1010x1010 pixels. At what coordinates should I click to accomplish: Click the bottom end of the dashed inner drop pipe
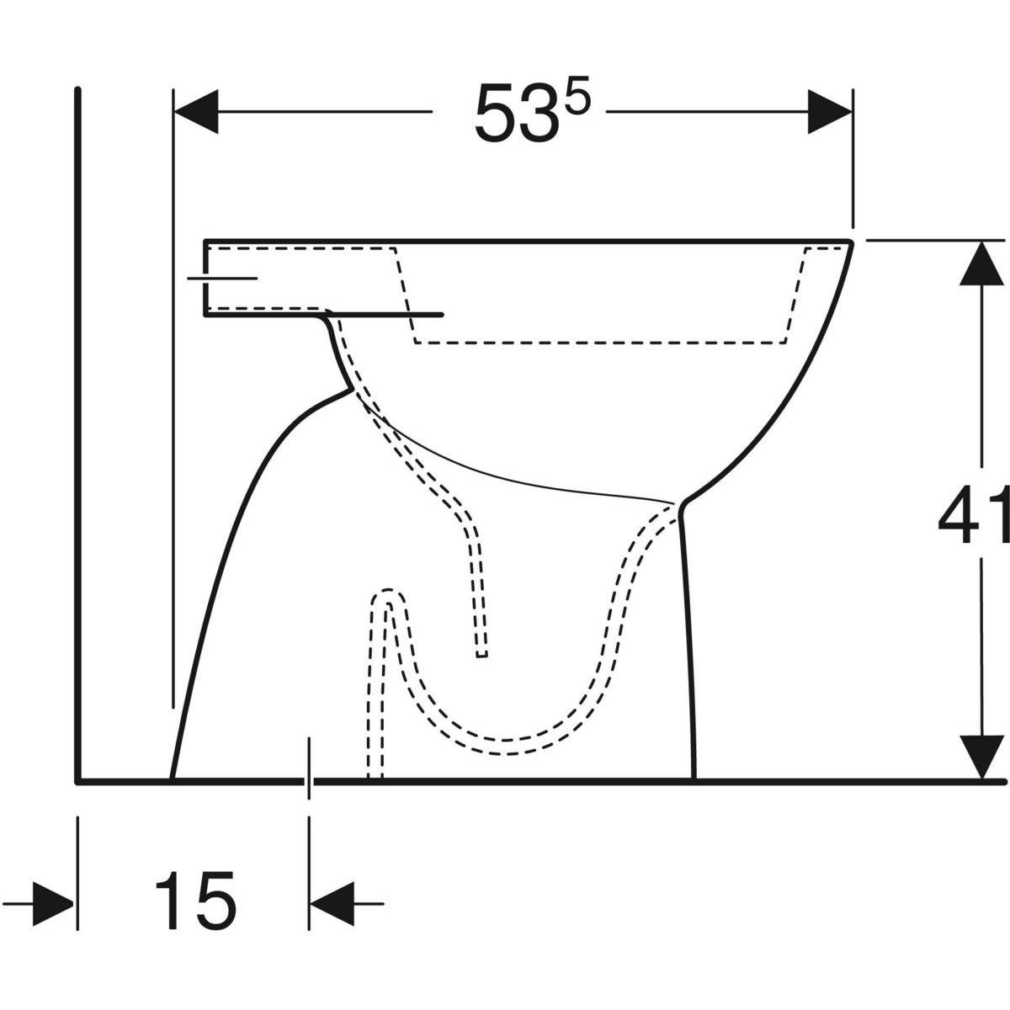click(x=481, y=654)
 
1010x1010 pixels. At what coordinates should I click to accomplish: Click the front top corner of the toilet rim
click(x=852, y=242)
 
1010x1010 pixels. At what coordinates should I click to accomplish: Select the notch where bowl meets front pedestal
click(x=681, y=504)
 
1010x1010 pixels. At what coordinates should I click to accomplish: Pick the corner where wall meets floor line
click(x=78, y=780)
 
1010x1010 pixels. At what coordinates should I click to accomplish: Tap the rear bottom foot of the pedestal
click(x=173, y=776)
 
